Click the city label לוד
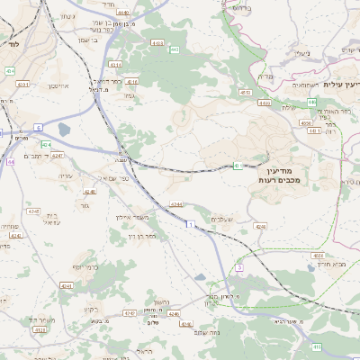[x=11, y=42]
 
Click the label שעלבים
[x=224, y=219]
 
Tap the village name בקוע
[x=92, y=310]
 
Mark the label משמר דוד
[x=40, y=320]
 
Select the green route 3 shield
[x=239, y=267]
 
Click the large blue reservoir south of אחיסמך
[x=64, y=130]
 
